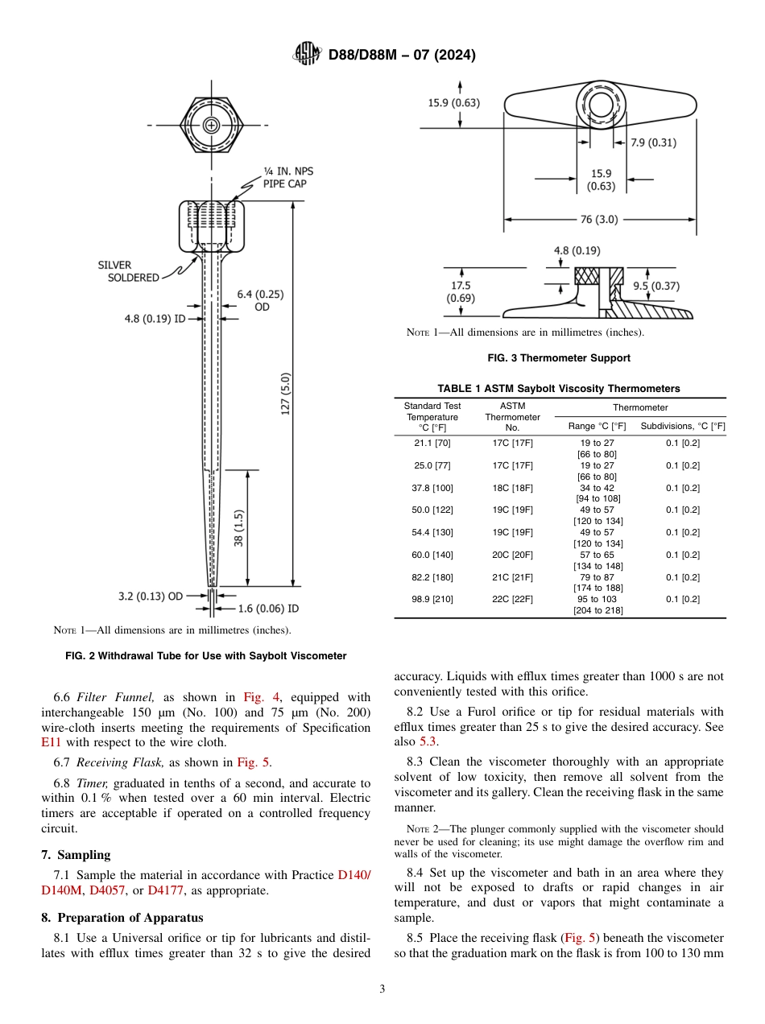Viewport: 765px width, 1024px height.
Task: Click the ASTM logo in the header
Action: (308, 55)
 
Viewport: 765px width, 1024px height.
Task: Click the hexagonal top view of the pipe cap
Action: (211, 125)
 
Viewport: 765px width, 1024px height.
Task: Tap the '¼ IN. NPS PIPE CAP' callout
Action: (284, 177)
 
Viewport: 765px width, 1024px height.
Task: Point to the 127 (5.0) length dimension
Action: (285, 394)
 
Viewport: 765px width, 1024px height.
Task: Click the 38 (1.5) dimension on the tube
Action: (238, 527)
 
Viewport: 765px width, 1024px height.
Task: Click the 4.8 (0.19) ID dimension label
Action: (155, 318)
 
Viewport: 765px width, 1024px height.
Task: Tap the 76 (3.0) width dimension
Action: (598, 219)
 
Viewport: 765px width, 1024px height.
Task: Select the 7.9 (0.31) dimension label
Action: (652, 142)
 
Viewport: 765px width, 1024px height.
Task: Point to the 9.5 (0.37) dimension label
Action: (655, 286)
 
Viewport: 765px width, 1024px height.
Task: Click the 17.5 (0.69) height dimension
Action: (461, 291)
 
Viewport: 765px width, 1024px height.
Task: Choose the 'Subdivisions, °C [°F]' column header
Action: (682, 426)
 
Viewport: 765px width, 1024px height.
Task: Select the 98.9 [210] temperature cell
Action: (432, 599)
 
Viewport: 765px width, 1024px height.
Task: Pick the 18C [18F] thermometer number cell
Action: (512, 488)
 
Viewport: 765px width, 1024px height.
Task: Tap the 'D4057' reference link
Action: (103, 890)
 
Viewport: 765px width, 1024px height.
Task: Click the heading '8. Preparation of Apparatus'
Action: (122, 917)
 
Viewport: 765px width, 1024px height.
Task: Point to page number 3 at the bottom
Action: (382, 989)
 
